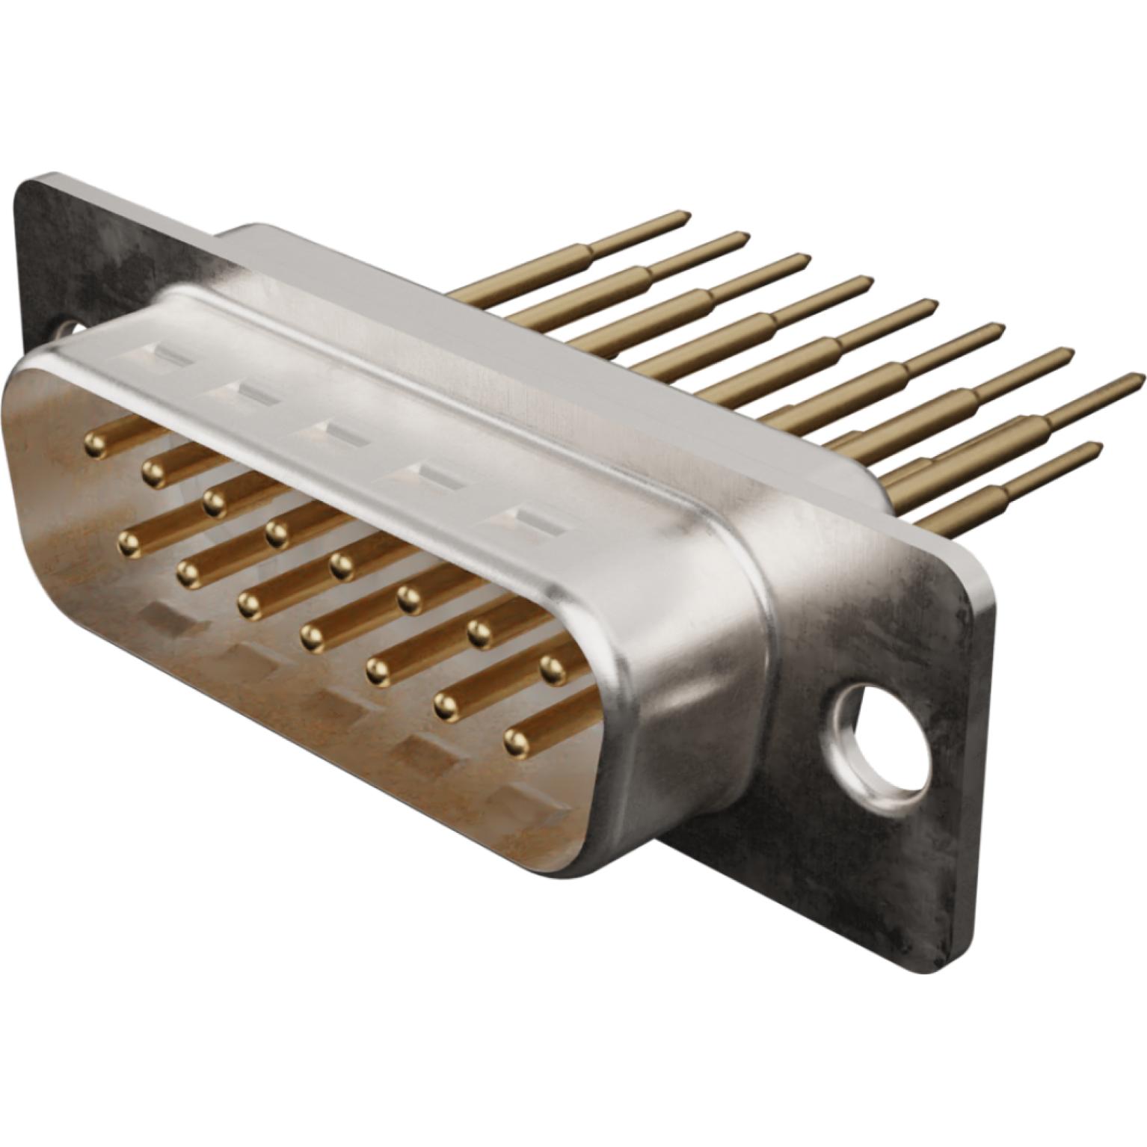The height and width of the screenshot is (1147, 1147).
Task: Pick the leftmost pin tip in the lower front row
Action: tap(129, 544)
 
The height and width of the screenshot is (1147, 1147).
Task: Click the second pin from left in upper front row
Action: tap(153, 473)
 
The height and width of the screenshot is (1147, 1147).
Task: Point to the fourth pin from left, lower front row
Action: tap(312, 637)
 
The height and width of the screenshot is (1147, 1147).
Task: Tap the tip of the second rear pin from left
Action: tap(743, 238)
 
